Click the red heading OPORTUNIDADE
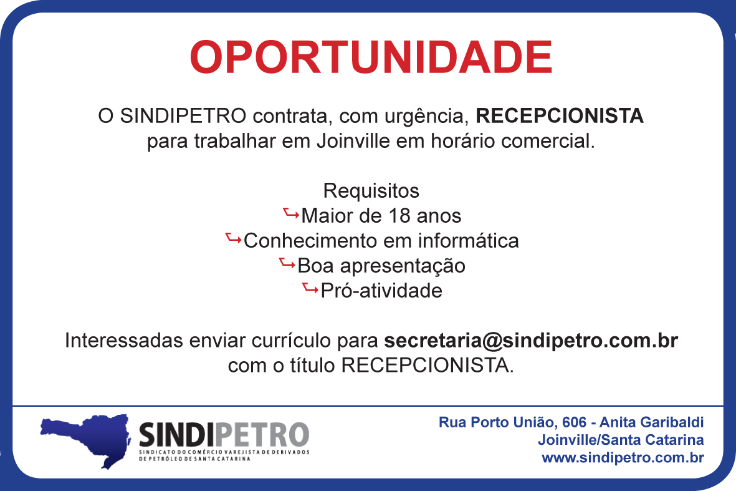click(371, 57)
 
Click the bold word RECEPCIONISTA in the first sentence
click(560, 116)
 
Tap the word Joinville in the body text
click(353, 141)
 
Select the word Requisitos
click(371, 192)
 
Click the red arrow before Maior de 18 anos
click(291, 214)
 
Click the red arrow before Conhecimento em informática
click(233, 238)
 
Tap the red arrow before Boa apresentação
click(287, 263)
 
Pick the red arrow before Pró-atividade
click(310, 288)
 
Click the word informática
click(469, 241)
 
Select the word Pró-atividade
click(381, 291)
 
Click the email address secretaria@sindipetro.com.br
click(531, 341)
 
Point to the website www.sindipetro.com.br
click(623, 458)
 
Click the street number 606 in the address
click(575, 422)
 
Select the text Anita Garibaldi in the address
click(651, 422)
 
